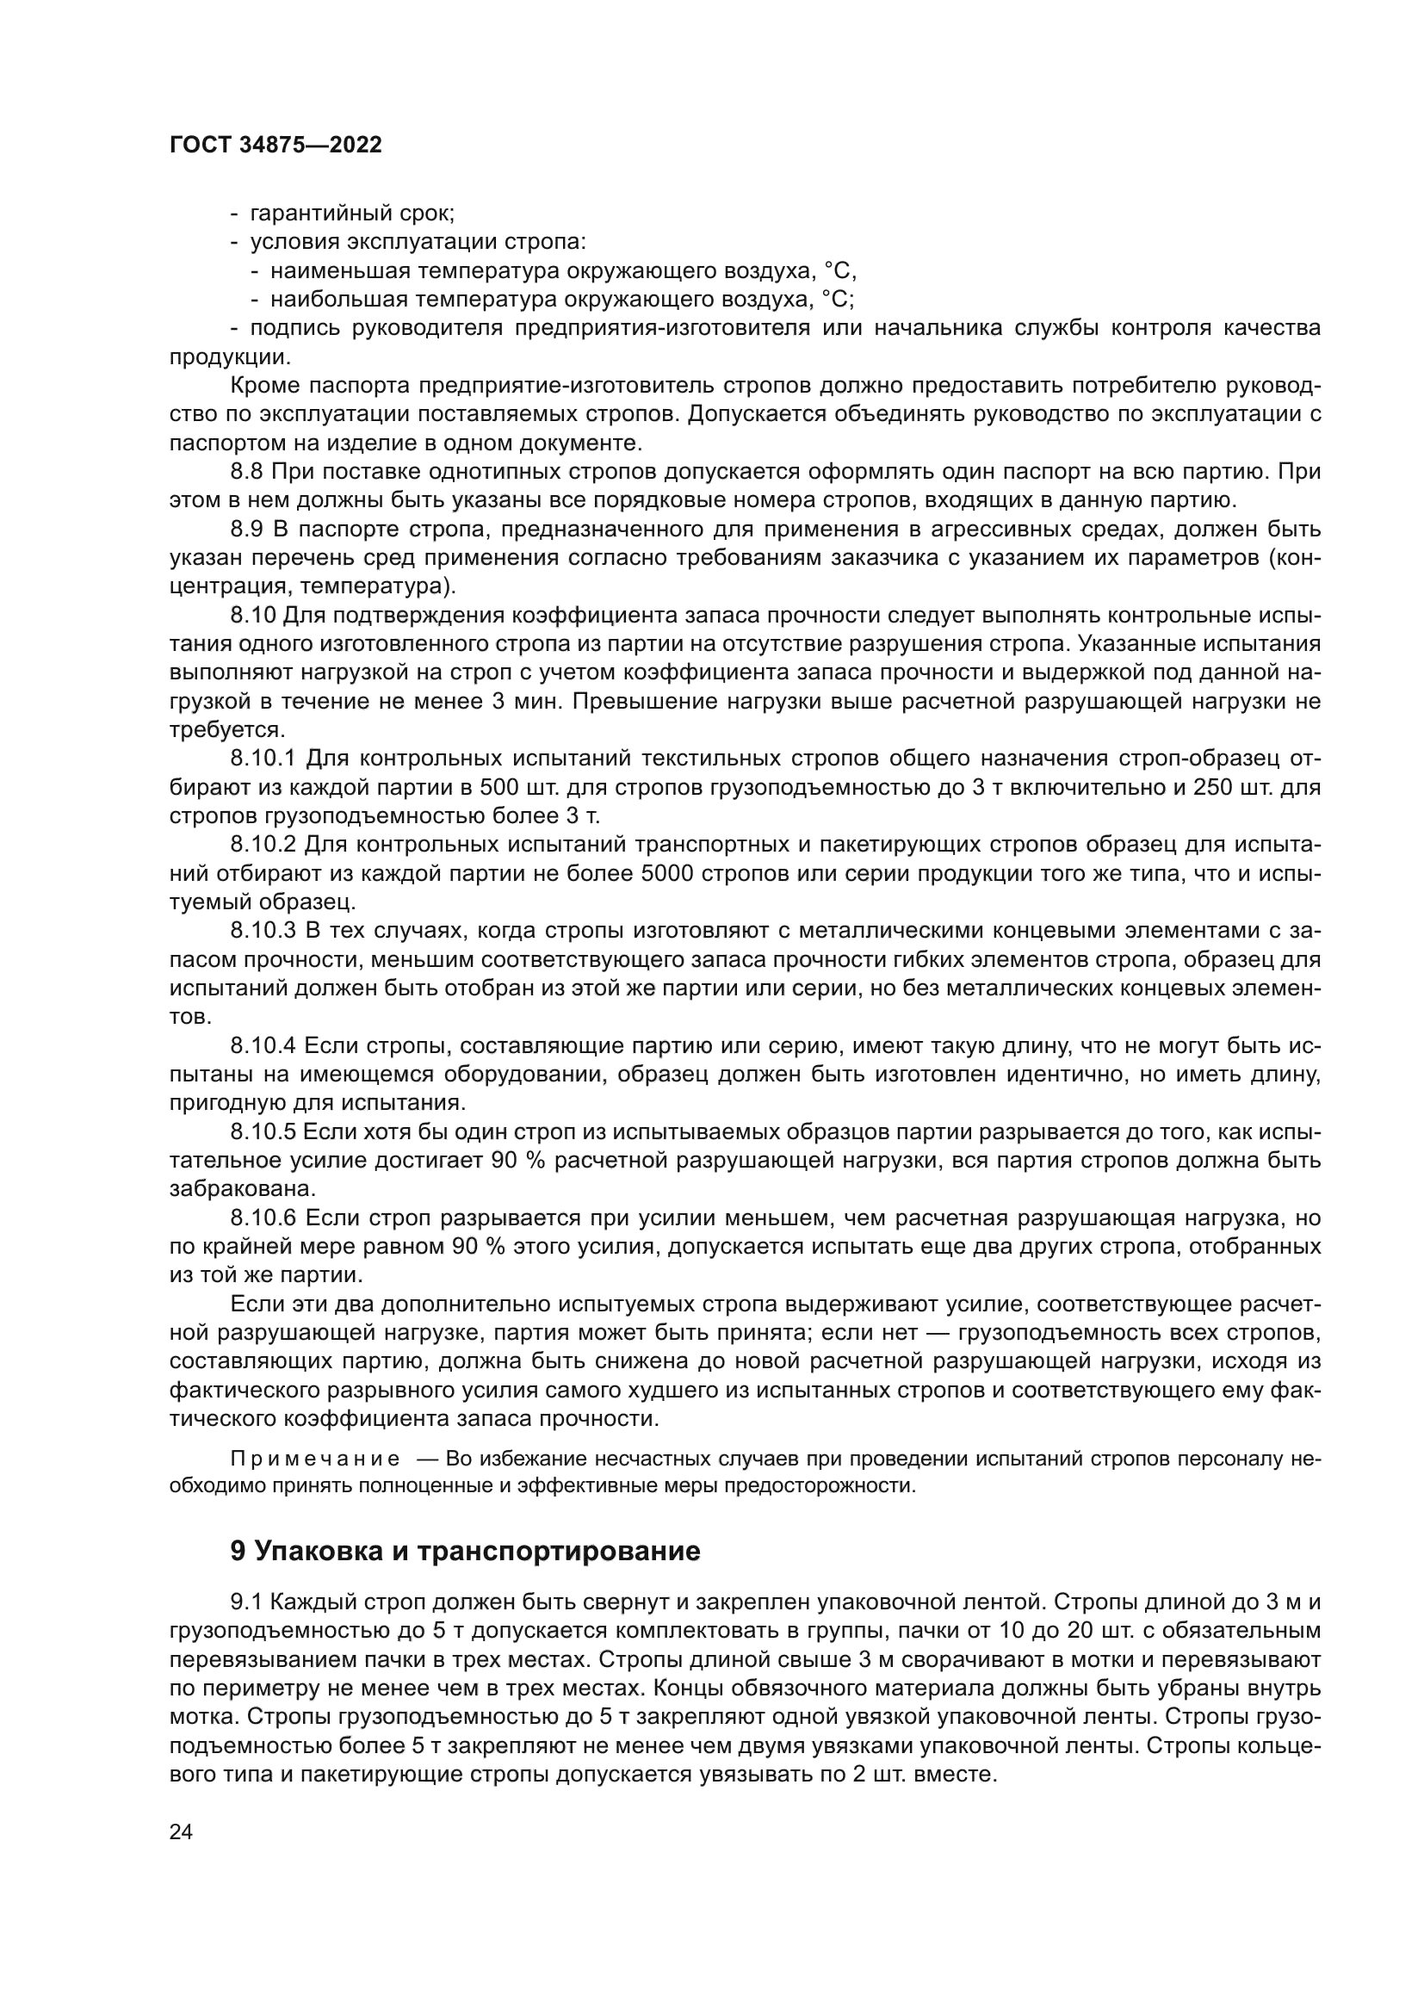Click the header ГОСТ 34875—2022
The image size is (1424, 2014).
point(276,146)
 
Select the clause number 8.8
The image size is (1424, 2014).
point(246,472)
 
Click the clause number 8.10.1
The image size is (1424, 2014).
point(264,758)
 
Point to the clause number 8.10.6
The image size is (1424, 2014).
point(264,1218)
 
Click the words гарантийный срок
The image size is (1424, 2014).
point(350,214)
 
